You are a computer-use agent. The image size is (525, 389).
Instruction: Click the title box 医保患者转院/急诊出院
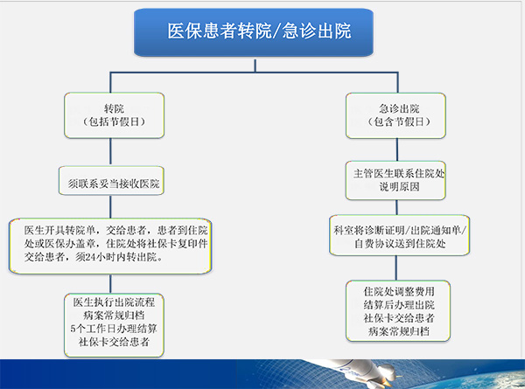[x=259, y=32]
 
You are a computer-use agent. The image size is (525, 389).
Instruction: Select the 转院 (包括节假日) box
[x=114, y=115]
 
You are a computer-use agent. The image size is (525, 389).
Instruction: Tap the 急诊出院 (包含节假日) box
[x=395, y=115]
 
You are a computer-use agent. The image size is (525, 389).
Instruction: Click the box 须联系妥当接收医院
[x=114, y=184]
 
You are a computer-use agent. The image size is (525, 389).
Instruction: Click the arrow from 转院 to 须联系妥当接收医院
[x=114, y=154]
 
